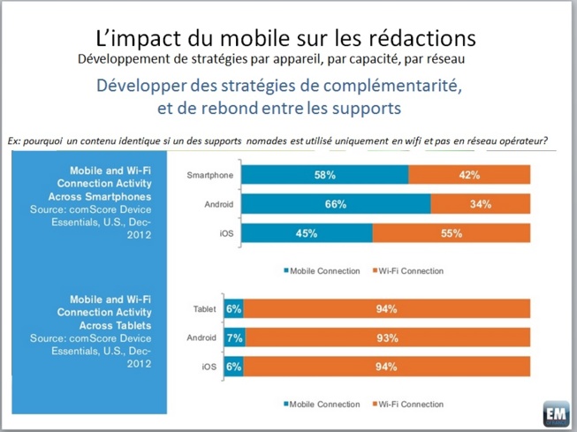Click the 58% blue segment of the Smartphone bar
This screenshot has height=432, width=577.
tap(324, 175)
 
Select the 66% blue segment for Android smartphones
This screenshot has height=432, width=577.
tap(336, 205)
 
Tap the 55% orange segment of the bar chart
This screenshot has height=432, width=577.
tap(452, 234)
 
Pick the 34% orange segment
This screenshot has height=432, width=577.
tap(481, 205)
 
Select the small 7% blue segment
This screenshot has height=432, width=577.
tap(234, 337)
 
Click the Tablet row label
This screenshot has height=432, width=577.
tap(204, 309)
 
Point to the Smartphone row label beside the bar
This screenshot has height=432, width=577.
tap(209, 175)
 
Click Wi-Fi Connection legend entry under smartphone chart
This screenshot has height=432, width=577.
tap(411, 270)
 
